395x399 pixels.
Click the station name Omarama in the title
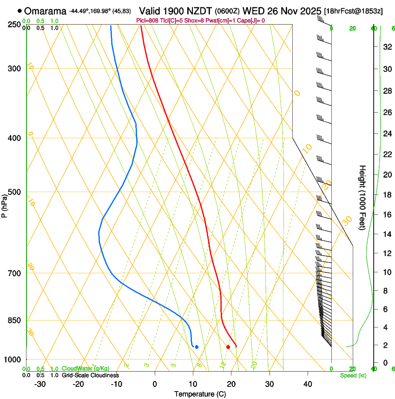(x=45, y=11)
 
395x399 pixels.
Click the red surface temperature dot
(x=228, y=347)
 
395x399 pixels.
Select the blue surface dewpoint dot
(x=197, y=347)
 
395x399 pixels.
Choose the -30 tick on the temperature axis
(x=40, y=384)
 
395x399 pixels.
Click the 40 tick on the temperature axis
(x=308, y=384)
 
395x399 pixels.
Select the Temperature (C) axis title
(x=200, y=394)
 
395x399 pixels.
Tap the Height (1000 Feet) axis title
(x=363, y=198)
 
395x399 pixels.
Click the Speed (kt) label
(x=353, y=375)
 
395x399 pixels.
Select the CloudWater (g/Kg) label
(x=86, y=369)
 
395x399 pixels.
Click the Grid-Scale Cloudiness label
(x=90, y=375)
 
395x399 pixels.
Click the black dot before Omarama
(x=20, y=11)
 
